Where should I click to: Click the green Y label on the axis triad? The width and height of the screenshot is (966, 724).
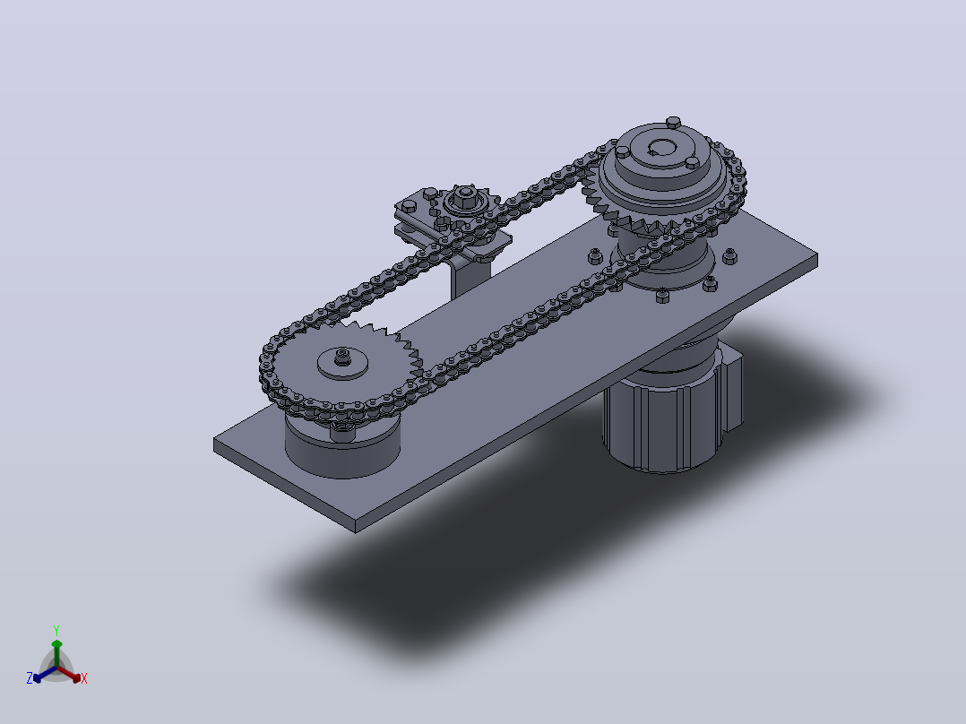click(x=56, y=630)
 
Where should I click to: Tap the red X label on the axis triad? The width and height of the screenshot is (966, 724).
click(x=84, y=678)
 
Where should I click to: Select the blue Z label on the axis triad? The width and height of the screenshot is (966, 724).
click(x=29, y=677)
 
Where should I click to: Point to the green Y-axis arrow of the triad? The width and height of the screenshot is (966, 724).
click(x=56, y=653)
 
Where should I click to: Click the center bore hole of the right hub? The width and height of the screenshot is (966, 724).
click(x=662, y=147)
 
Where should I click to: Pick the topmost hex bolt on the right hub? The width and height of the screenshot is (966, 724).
click(x=673, y=122)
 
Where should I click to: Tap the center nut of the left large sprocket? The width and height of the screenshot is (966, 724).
click(x=342, y=356)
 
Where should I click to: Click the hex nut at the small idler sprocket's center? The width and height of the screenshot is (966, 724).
click(x=462, y=196)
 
